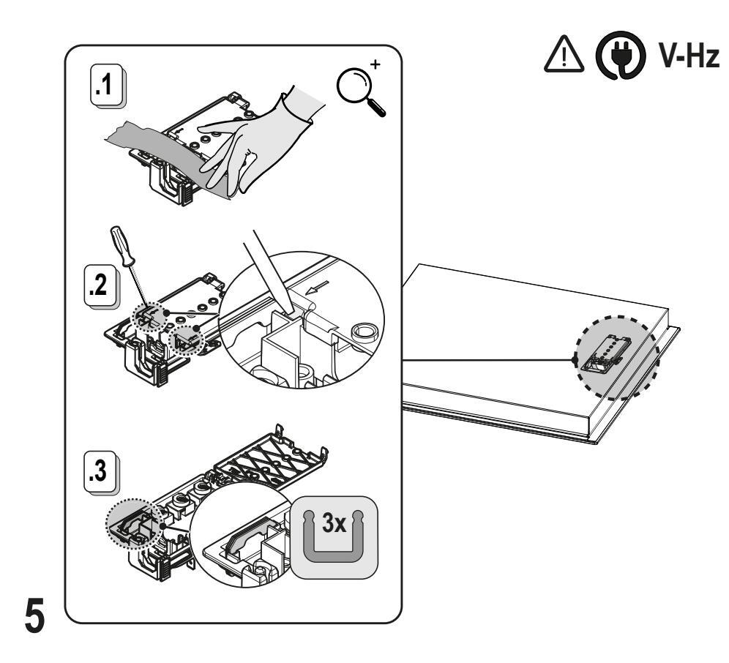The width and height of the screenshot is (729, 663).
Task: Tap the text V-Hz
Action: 687,56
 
